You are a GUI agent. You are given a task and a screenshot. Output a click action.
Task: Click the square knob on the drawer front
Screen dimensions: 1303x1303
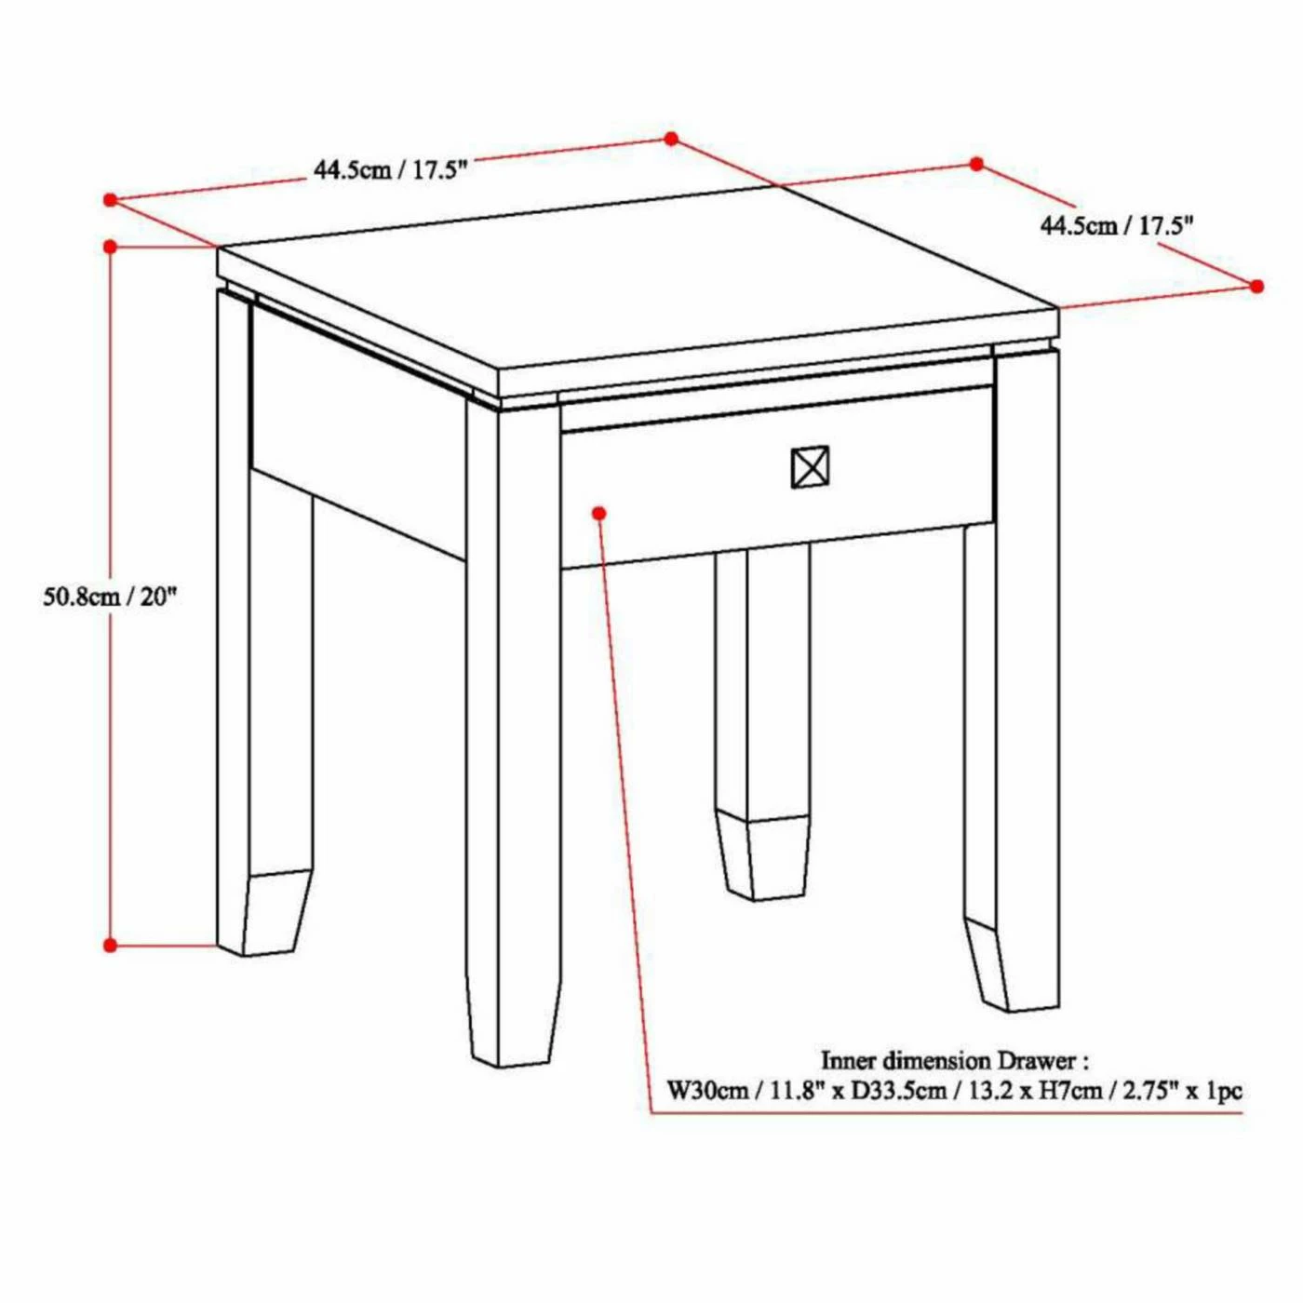[x=810, y=466]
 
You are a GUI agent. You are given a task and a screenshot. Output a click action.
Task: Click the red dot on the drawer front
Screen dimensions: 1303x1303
[x=598, y=513]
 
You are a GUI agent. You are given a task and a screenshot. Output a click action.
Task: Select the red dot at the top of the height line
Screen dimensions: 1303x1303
[x=110, y=246]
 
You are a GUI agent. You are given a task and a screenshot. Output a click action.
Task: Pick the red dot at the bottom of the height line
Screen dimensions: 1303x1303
[x=110, y=945]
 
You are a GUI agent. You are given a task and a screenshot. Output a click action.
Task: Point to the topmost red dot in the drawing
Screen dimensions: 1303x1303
[x=671, y=139]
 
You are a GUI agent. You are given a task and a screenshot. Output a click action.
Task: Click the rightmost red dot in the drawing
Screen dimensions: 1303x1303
[x=1257, y=287]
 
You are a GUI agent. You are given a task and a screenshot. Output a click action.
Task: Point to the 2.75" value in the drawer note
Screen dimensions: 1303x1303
[x=1147, y=1092]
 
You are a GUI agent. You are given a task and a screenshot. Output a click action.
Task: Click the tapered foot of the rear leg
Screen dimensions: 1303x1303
[x=763, y=859]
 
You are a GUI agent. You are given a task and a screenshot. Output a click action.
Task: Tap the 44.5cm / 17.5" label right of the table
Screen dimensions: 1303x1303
[x=1116, y=225]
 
